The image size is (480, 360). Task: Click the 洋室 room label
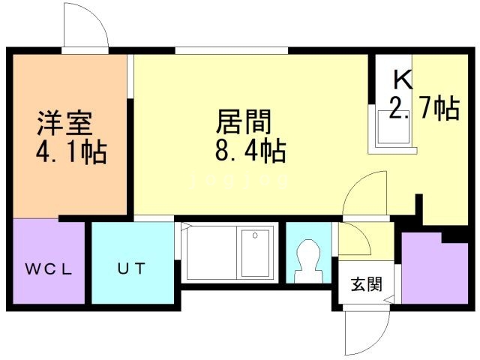coord(65,121)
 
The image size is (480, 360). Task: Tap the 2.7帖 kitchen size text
coord(424,110)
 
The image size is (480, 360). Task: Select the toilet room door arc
coord(352,240)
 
